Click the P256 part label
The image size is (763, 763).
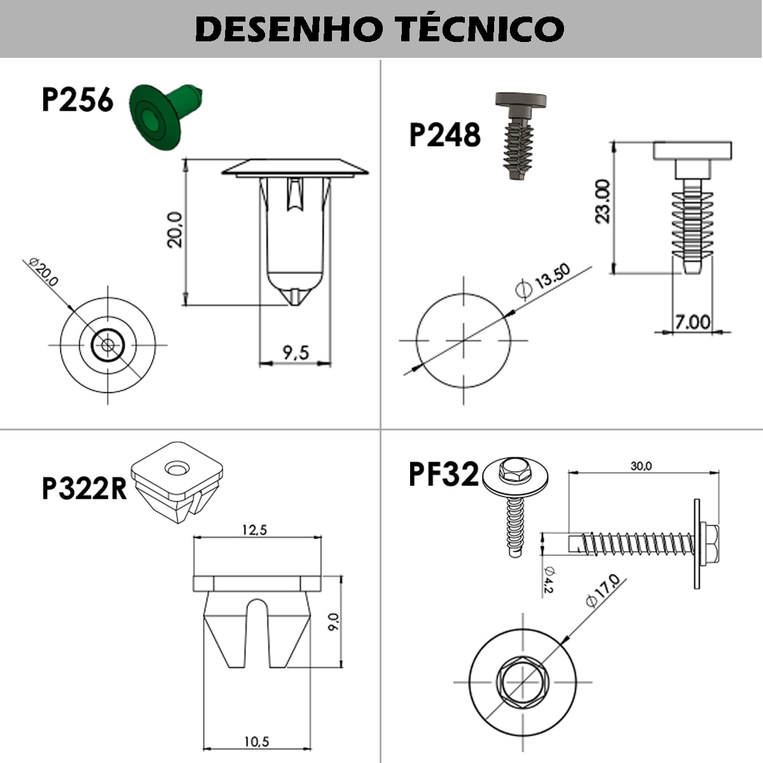coord(77,100)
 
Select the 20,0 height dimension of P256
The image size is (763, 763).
coord(175,229)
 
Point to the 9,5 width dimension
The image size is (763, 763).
coord(295,352)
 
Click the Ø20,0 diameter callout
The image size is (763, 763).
coord(45,272)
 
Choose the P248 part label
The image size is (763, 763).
coord(444,135)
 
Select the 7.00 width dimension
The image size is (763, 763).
coord(692,322)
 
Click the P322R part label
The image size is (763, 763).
coord(85,488)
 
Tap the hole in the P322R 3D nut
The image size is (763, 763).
coord(177,469)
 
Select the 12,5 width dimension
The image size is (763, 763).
coord(254,530)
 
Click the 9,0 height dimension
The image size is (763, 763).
coord(334,621)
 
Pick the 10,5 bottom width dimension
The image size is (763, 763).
coord(256,741)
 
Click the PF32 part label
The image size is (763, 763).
coord(443,474)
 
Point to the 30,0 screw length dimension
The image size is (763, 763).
coord(641,466)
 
